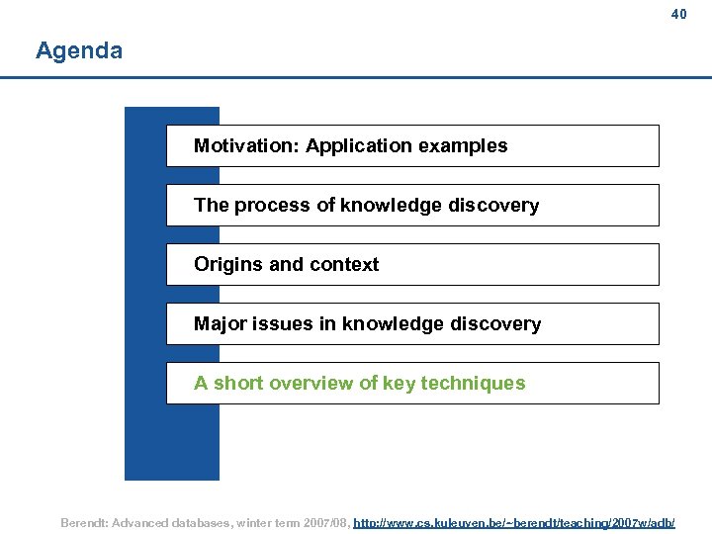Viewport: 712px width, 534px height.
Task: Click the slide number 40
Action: [678, 14]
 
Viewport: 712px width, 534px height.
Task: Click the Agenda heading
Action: [79, 50]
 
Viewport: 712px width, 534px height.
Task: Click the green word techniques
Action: [473, 384]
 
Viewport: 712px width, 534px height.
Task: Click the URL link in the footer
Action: [514, 521]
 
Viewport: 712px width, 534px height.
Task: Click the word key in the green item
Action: [399, 384]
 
